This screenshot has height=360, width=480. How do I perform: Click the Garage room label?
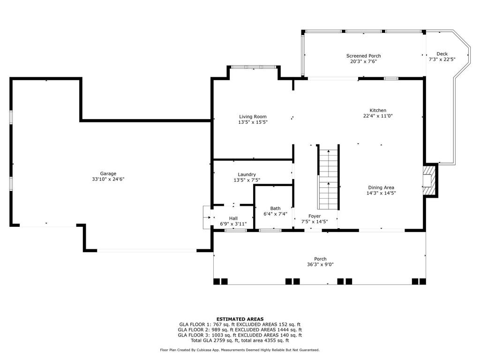[108, 173]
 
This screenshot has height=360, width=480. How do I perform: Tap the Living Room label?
[253, 117]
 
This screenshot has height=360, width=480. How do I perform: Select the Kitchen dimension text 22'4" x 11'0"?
[378, 116]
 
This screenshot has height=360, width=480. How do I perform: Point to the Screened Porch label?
[364, 56]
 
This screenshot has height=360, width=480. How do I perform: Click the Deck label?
[442, 54]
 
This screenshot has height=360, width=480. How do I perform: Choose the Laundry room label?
[247, 175]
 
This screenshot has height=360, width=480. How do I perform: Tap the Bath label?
[275, 209]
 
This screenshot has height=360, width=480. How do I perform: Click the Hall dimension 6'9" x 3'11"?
[233, 224]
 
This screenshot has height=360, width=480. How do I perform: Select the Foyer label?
[315, 216]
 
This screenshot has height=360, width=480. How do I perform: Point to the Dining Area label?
[381, 187]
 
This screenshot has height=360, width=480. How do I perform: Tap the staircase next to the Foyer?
[328, 177]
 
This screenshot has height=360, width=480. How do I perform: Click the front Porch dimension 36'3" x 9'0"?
[320, 264]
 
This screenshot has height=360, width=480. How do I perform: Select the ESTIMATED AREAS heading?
[240, 319]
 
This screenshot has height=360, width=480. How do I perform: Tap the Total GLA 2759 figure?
[226, 340]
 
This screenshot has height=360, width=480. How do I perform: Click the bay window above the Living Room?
[254, 67]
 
